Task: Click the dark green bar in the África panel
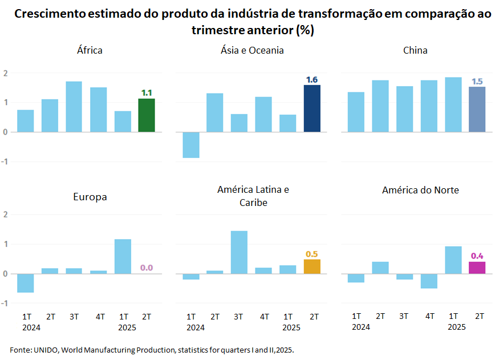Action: click(147, 115)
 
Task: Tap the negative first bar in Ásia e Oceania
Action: click(191, 145)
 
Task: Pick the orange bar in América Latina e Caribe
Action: click(312, 266)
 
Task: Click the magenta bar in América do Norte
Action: click(477, 268)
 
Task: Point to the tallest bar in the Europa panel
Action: click(123, 256)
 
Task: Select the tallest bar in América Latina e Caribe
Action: click(240, 252)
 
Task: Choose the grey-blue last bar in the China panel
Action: click(477, 110)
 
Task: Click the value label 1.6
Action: click(312, 80)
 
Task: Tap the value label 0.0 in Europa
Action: click(147, 268)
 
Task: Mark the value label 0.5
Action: click(312, 254)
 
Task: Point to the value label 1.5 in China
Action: click(477, 82)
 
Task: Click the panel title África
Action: click(90, 50)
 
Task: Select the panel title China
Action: click(415, 50)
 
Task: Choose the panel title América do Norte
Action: click(420, 190)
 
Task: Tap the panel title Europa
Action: click(90, 197)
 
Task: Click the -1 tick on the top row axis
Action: click(5, 161)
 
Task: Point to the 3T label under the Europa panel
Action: click(74, 316)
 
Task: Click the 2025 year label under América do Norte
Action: click(456, 327)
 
